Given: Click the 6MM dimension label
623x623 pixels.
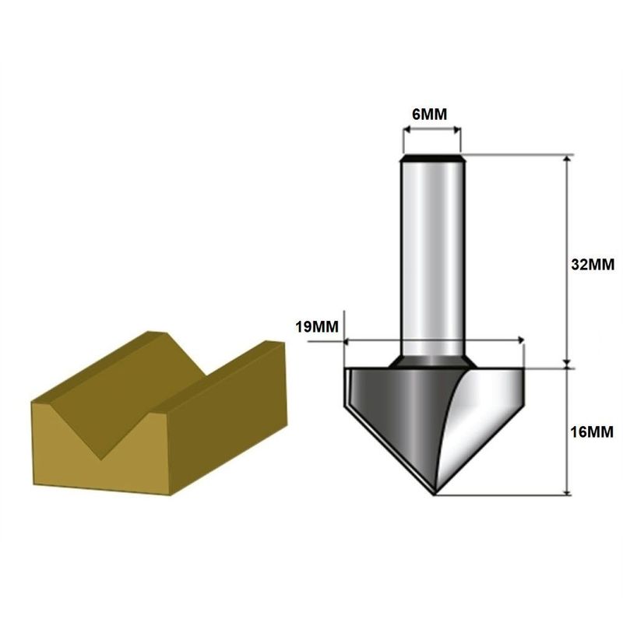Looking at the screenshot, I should click(429, 114).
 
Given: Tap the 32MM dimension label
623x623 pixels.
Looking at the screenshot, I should click(593, 264).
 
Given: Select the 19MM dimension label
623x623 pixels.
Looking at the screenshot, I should click(317, 327).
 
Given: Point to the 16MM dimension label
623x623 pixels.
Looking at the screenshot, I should click(593, 431).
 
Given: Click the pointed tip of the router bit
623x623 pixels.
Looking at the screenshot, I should click(434, 492).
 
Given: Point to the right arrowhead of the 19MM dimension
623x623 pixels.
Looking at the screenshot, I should click(519, 340).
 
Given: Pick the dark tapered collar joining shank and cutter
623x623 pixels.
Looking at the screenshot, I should click(431, 361).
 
